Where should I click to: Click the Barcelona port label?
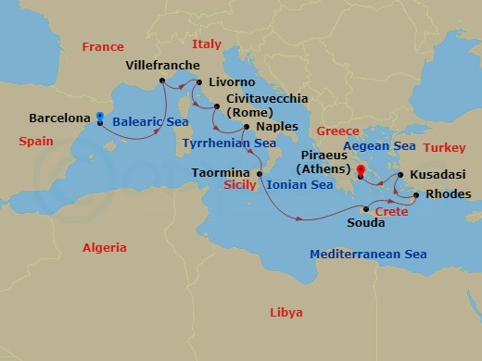coord(59,119)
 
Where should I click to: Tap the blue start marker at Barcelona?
coord(100,118)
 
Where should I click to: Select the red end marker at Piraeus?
coord(361,170)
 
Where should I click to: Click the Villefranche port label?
coord(162,66)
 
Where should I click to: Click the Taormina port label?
coord(221,172)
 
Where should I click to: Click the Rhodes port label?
coord(448,194)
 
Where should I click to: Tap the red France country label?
coord(102,46)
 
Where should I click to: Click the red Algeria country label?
coord(104,247)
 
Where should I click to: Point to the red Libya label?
coord(285,312)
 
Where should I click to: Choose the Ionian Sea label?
coord(299,185)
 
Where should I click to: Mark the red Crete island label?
coord(391,212)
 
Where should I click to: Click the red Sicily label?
coord(241,185)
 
